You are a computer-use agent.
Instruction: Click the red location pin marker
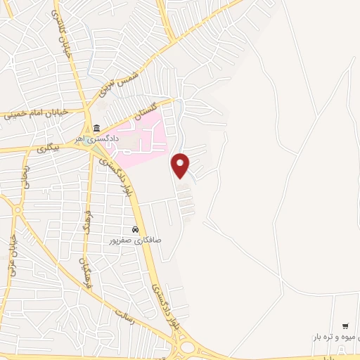[181, 165]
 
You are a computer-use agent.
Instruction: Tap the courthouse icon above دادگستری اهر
[95, 128]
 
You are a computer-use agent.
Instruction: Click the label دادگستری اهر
[98, 139]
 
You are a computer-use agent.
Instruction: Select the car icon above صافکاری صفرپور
[134, 230]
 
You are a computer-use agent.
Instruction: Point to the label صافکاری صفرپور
[134, 240]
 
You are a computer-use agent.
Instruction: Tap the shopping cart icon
[345, 326]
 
